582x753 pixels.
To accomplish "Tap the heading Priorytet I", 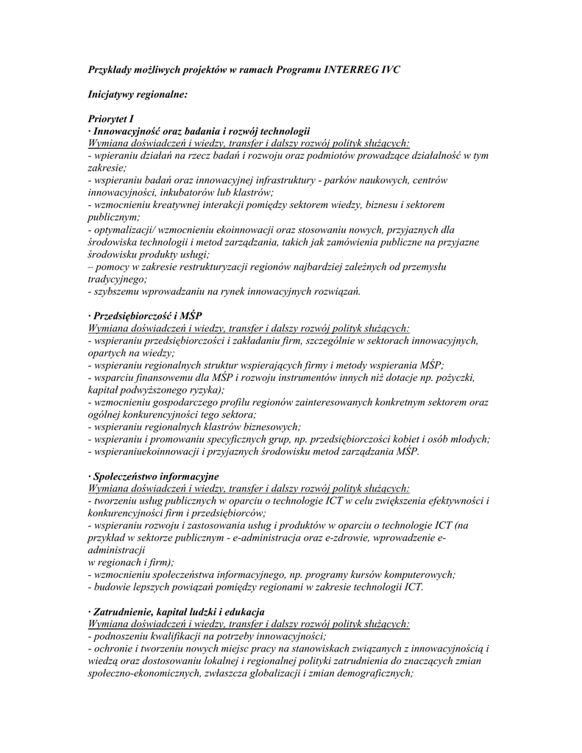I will tap(110, 118).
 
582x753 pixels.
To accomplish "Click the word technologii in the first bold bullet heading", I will tap(283, 130).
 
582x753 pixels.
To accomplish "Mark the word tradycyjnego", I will tap(116, 279).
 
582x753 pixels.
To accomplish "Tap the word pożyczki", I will tap(453, 377).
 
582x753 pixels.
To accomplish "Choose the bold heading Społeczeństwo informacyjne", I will tap(155, 476).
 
